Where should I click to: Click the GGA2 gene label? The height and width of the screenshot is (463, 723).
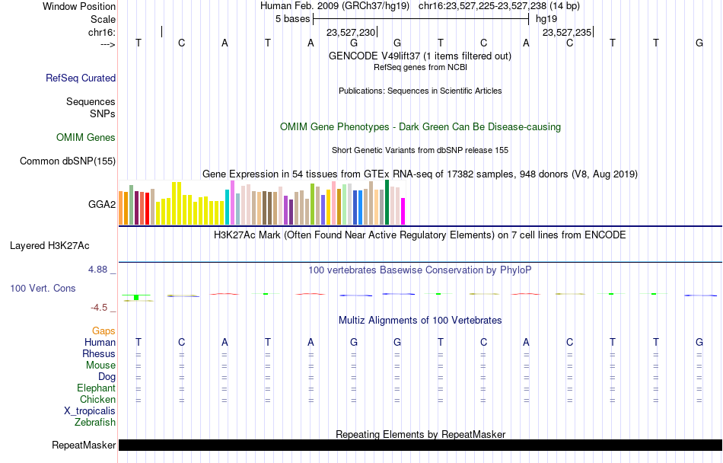102,204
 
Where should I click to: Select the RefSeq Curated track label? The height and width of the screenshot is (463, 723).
81,78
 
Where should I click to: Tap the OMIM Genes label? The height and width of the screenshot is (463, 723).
86,137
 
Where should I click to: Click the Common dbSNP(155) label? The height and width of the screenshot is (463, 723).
68,161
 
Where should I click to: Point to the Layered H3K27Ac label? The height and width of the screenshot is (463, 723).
49,246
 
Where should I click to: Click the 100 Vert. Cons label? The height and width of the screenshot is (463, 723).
43,288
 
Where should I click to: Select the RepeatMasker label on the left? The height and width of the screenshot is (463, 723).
84,445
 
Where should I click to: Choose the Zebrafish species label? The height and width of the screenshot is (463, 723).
95,422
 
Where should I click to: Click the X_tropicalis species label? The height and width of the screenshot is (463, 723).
90,411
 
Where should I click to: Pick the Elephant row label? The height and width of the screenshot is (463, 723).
97,388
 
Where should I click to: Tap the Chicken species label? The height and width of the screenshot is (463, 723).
97,399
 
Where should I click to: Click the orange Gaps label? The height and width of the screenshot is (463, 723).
104,330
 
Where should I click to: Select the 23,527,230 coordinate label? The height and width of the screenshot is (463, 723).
351,32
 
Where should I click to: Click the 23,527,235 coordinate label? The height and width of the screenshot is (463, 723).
567,32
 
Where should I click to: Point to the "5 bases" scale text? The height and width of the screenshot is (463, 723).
293,19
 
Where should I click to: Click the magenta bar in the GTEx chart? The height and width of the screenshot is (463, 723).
403,211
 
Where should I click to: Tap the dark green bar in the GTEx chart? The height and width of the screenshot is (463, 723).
387,202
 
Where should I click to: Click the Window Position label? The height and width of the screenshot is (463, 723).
79,6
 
